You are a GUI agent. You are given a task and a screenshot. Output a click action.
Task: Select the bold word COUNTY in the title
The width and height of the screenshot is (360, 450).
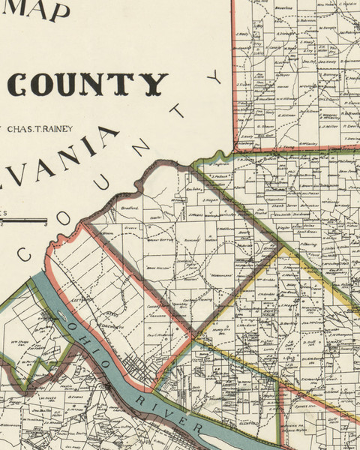87,85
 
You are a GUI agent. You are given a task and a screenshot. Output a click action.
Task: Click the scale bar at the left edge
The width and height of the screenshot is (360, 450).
22,220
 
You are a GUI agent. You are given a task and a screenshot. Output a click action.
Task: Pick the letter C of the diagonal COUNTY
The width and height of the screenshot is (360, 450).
24,256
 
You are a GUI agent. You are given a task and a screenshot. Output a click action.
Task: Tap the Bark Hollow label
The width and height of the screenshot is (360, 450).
156,268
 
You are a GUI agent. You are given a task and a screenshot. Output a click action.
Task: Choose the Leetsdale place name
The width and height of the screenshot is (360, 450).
79,298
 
